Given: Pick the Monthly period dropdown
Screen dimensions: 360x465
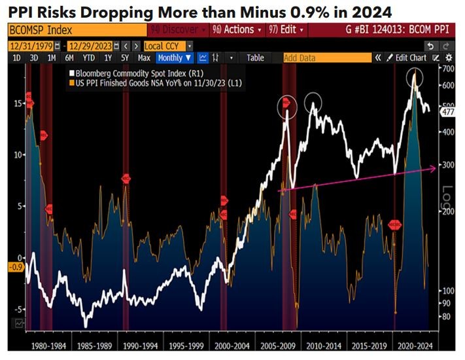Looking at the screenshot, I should click(x=175, y=58).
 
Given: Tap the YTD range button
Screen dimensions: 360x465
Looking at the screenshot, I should click(x=89, y=58).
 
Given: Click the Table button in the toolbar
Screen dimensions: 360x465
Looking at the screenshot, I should click(x=255, y=58).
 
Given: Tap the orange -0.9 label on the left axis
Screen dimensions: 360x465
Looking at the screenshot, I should click(x=16, y=266).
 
